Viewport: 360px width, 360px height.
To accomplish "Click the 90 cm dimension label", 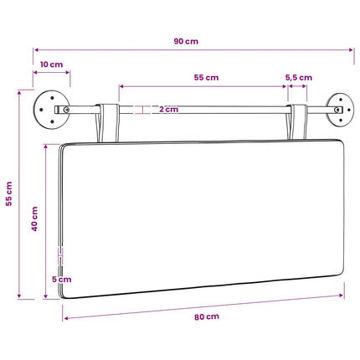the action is (186, 41).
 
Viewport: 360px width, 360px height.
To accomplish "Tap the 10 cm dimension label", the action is (51, 64).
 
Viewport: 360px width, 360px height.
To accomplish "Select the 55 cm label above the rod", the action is (206, 77).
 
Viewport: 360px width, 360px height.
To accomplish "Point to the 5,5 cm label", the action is (299, 78).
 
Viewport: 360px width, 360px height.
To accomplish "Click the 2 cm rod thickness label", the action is (168, 109).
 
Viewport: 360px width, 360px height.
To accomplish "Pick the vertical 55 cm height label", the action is (9, 193).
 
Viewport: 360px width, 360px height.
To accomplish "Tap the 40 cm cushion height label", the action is (34, 219).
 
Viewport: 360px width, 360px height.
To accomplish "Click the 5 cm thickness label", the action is (62, 279).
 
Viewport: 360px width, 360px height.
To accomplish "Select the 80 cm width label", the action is (207, 316).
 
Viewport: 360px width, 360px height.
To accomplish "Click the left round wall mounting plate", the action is (50, 110).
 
